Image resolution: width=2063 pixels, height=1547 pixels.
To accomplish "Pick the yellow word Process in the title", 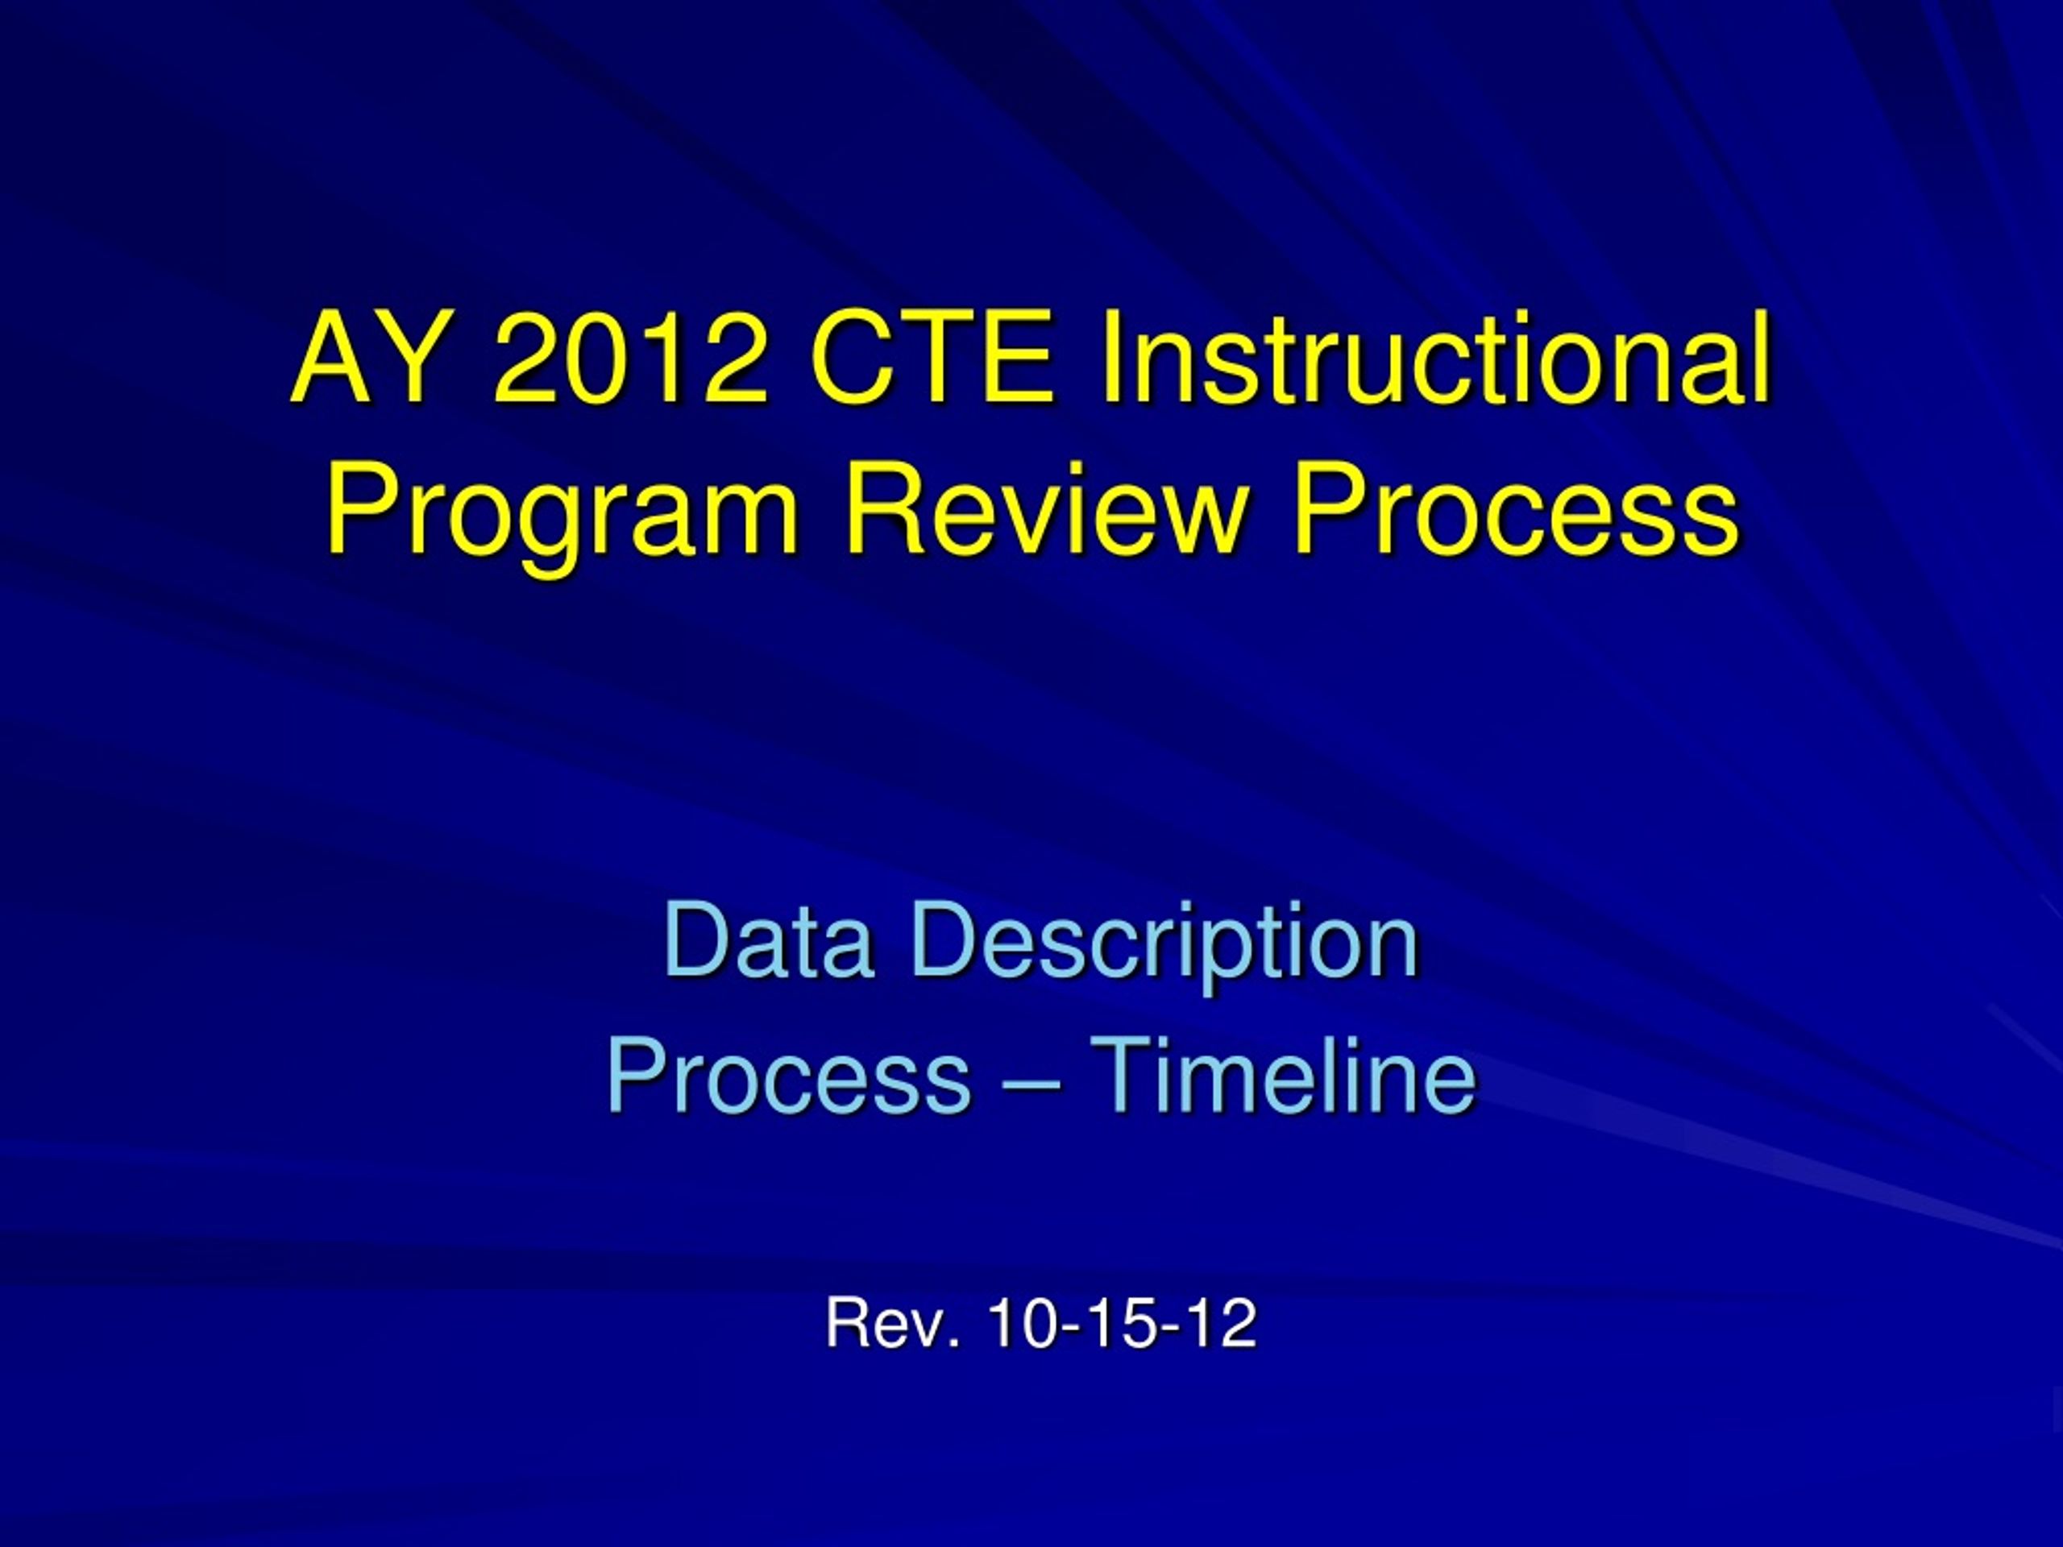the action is click(x=1514, y=511).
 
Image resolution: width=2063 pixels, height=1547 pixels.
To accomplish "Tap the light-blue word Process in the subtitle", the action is click(x=789, y=1077).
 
